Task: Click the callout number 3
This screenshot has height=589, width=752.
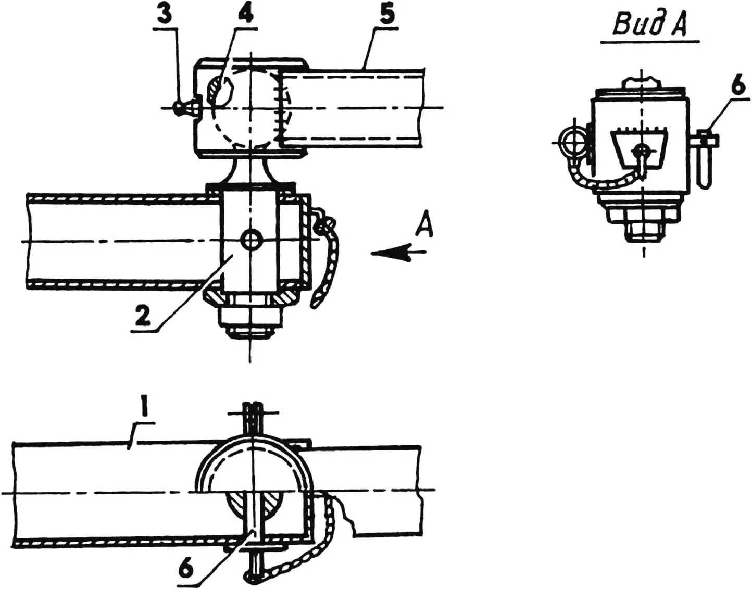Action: click(x=164, y=15)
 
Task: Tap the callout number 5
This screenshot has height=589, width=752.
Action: click(x=386, y=15)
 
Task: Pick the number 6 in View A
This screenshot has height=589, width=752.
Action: click(x=738, y=86)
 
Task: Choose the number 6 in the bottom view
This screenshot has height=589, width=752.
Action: click(x=185, y=569)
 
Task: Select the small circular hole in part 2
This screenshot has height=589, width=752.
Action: click(x=253, y=240)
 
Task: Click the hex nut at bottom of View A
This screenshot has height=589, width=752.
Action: click(x=644, y=229)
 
